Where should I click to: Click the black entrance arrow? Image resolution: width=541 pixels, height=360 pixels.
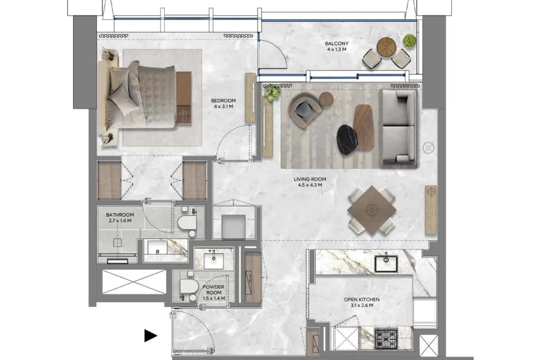click(x=151, y=336)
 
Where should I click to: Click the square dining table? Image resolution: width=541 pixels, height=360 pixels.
click(x=372, y=210)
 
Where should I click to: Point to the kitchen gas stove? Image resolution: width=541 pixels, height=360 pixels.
click(x=386, y=338)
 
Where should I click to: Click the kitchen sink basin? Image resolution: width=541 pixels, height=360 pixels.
click(x=386, y=263)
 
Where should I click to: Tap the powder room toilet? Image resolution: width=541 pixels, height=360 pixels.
click(x=188, y=286)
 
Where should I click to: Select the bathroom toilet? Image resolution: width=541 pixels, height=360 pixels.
click(x=187, y=223)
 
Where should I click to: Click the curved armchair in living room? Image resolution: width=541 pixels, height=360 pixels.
click(x=305, y=110)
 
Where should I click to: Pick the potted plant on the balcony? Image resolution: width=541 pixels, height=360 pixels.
click(x=409, y=40)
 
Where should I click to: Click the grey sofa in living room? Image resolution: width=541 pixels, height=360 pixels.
click(x=398, y=129)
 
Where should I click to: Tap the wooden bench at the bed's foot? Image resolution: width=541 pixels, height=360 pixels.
click(x=184, y=98)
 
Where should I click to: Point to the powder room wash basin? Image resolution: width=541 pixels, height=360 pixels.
click(x=214, y=261)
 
